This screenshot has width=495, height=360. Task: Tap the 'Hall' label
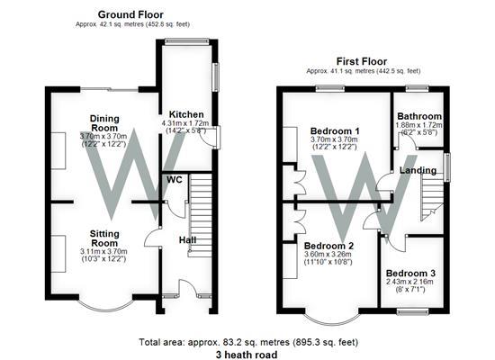(186, 240)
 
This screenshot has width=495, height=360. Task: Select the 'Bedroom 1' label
(330, 130)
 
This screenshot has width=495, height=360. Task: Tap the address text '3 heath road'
(247, 354)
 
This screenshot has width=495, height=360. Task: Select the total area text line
(248, 342)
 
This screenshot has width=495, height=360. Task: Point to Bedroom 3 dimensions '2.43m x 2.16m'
(409, 283)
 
